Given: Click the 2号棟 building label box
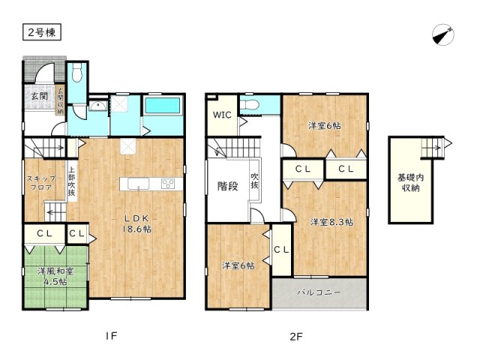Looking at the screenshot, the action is [42, 32].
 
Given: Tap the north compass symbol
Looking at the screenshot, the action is [443, 34].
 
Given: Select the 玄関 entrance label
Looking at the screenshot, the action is [40, 95].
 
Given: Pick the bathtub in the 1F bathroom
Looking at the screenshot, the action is [162, 106].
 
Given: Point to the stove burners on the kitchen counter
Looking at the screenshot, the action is [168, 184].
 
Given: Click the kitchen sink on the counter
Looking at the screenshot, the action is [138, 184].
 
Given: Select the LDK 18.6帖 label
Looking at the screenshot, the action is [136, 223].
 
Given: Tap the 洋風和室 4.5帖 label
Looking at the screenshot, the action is [55, 276].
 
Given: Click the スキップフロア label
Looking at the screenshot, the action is [41, 183].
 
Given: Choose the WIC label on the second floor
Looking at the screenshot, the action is [222, 115].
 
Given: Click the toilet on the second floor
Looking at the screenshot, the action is [250, 105].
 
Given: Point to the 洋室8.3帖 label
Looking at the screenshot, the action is [331, 222].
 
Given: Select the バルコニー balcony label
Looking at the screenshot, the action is [319, 292].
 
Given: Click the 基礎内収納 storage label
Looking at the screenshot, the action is [410, 183].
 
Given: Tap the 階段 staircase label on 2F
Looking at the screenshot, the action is [228, 186].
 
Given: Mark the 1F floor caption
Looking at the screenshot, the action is [112, 336].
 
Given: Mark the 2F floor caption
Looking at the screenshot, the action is [296, 337].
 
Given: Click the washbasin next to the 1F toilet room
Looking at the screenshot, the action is [98, 106].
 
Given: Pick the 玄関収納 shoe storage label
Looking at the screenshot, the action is [61, 101].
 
